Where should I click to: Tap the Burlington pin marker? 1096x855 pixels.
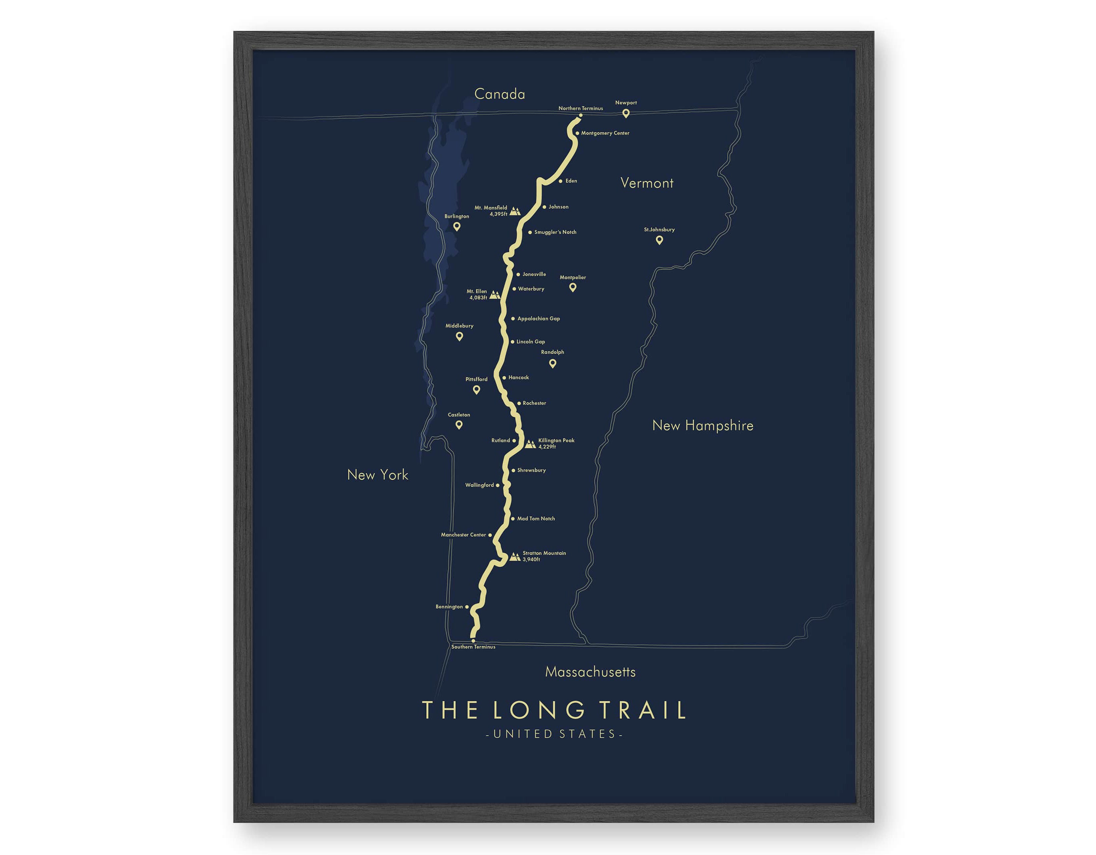457,226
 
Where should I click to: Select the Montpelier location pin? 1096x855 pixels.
573,287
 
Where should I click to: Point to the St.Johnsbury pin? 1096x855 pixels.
659,240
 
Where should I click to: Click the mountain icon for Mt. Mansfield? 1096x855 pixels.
515,212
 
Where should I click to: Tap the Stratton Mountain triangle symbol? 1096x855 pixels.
515,557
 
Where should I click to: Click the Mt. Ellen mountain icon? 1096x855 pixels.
495,295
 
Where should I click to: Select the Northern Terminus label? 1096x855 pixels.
581,108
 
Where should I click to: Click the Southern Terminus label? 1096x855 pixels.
473,647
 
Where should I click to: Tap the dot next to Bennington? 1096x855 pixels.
467,607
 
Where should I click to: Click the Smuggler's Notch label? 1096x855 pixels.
555,232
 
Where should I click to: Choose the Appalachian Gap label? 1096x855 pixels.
539,319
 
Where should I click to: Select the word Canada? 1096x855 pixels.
499,94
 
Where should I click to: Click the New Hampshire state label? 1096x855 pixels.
703,426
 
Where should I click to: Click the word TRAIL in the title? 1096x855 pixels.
643,710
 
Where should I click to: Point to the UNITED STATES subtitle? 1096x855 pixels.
555,734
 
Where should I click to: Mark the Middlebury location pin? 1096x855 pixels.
459,336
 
